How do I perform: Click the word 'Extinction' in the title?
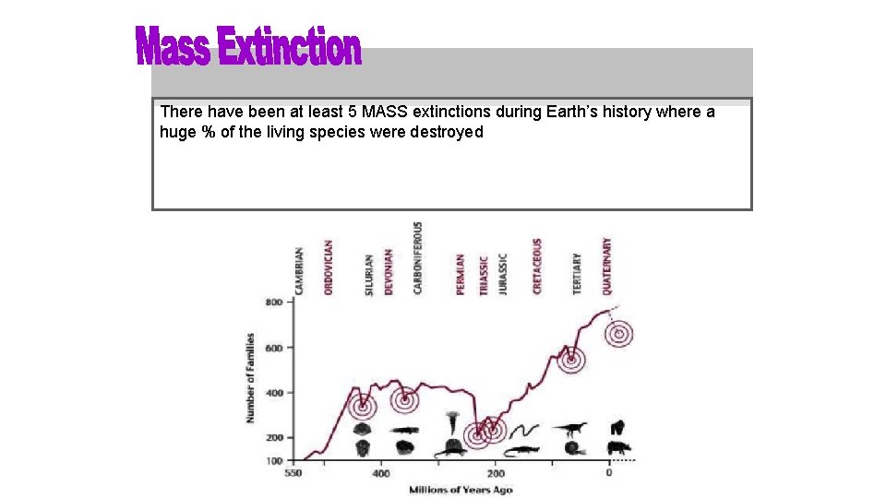[290, 47]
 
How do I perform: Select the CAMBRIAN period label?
[299, 270]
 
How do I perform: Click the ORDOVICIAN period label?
[329, 267]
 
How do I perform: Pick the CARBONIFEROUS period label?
[418, 257]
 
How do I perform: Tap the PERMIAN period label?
[461, 274]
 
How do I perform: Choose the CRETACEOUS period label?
[537, 267]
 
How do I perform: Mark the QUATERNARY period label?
[606, 267]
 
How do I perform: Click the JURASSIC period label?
[503, 274]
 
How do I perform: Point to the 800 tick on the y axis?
[274, 302]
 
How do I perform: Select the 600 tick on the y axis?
[274, 348]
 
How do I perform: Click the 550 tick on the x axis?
[293, 473]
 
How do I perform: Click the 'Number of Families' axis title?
[250, 378]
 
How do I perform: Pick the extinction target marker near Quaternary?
[620, 333]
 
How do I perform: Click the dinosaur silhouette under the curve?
[569, 428]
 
